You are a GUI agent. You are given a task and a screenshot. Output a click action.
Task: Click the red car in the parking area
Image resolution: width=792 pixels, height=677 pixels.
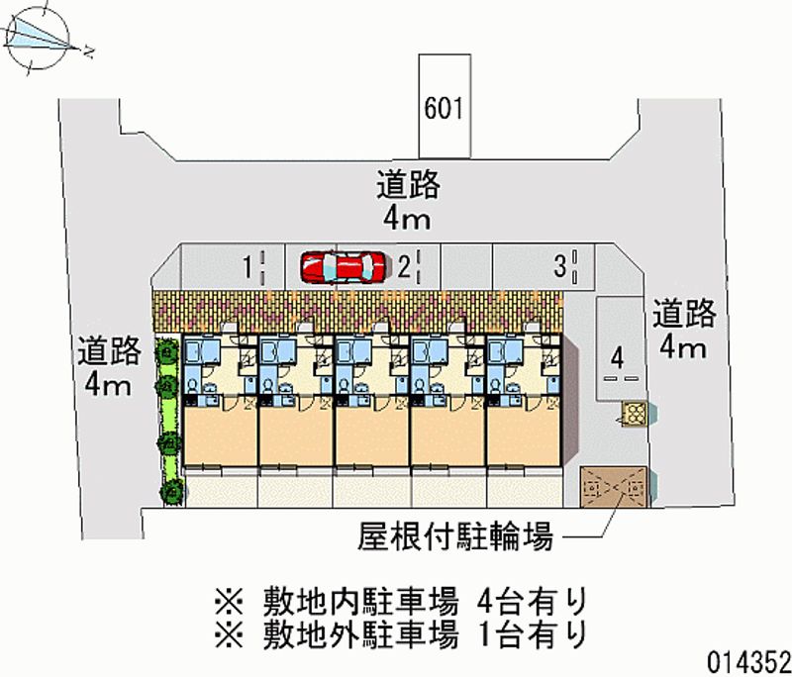tap(342, 266)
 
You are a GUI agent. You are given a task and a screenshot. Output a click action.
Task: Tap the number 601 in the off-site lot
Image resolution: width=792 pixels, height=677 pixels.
tap(443, 108)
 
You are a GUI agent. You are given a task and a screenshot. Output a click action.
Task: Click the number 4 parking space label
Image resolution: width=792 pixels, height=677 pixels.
tap(617, 356)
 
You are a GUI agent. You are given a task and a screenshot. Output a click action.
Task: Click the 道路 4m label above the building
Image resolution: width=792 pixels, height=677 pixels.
tap(407, 198)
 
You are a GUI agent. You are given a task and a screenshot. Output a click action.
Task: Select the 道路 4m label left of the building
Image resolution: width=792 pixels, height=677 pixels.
tap(109, 367)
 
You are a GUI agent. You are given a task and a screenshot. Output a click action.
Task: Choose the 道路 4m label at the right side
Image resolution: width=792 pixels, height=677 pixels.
tap(683, 330)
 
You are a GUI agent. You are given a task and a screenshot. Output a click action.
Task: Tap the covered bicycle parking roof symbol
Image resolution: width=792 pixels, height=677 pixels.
tap(614, 487)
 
